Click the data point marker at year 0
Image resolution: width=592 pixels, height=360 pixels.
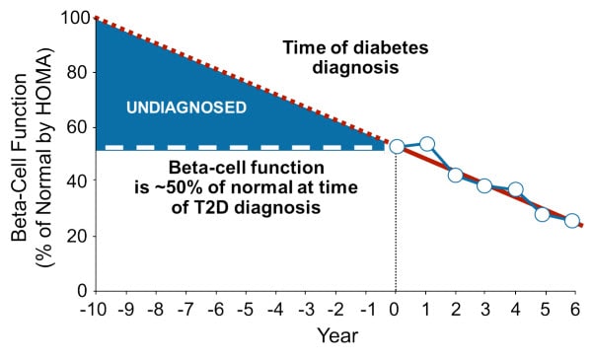click(x=397, y=146)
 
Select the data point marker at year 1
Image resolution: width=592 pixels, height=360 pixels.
click(x=426, y=144)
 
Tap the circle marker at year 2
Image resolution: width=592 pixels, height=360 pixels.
click(x=455, y=175)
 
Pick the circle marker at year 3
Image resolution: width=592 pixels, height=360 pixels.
click(x=484, y=185)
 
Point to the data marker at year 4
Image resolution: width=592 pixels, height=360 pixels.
click(x=514, y=189)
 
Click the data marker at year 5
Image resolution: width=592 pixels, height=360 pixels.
click(x=543, y=214)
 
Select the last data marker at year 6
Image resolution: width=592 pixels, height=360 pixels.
click(x=571, y=220)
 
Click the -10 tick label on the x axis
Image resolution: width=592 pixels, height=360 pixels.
click(x=95, y=308)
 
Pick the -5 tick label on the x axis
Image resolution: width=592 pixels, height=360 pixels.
click(x=245, y=308)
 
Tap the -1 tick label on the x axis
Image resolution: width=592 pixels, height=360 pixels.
click(x=365, y=308)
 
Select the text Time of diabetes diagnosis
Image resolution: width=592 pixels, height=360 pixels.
click(x=340, y=56)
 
